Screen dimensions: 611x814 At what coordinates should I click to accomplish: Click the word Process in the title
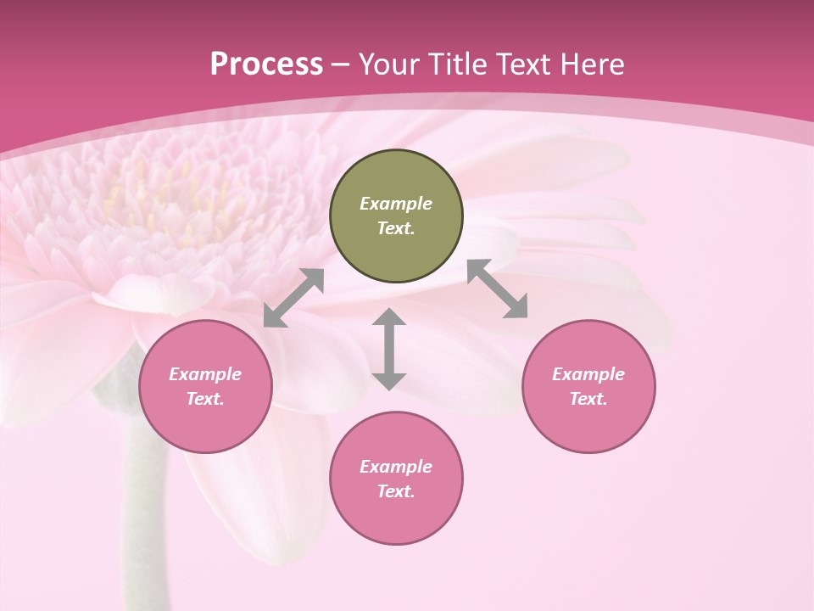point(266,64)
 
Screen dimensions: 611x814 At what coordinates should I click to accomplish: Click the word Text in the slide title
point(526,64)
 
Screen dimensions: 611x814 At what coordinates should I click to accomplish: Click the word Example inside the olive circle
point(396,204)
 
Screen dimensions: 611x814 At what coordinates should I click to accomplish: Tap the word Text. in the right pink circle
point(588,399)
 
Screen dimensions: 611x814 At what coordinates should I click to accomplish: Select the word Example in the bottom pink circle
point(396,467)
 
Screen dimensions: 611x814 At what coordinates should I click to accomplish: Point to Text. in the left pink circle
point(205,399)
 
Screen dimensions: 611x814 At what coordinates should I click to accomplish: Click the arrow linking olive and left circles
point(293,298)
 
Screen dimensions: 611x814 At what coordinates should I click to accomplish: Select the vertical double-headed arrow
point(389,350)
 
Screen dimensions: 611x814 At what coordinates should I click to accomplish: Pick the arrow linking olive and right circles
point(498,289)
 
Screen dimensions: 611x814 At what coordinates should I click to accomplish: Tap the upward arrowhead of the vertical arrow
point(389,317)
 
